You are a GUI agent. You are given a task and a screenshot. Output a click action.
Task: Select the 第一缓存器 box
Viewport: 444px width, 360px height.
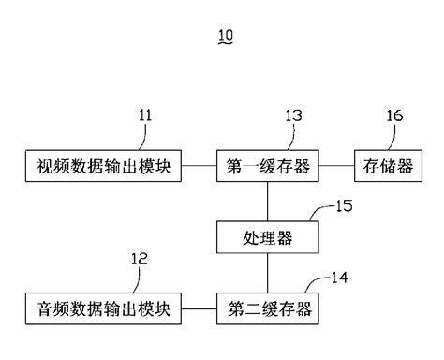(x=267, y=169)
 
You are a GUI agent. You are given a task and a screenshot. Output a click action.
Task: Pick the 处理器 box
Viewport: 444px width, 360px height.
(x=267, y=237)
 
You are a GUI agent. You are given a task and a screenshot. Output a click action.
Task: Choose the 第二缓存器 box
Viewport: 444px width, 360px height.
(x=267, y=307)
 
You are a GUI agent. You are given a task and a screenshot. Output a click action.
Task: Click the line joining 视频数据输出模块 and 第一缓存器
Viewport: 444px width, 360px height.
(x=199, y=169)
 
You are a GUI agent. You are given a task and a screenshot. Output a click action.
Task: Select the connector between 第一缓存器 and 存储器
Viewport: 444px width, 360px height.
(x=336, y=169)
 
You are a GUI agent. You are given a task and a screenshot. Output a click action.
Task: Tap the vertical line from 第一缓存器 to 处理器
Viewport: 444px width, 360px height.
(x=267, y=202)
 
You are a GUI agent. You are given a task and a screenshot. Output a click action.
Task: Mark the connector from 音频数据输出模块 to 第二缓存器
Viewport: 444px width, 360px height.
(x=199, y=307)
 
